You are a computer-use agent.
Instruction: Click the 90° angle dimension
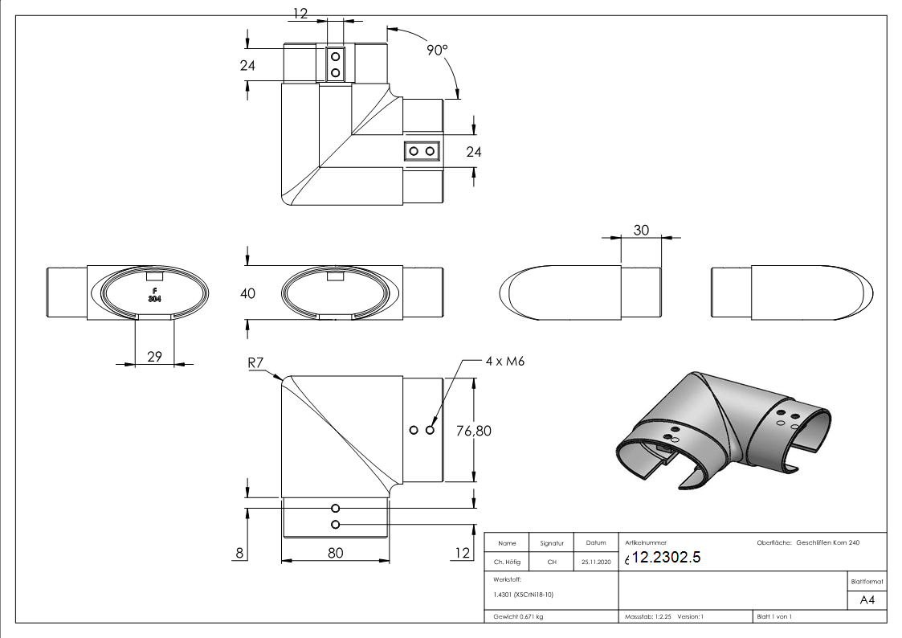pos(437,50)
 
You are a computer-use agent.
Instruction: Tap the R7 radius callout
pos(256,363)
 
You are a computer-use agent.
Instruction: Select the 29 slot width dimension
pos(155,356)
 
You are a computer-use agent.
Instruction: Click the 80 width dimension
pos(335,553)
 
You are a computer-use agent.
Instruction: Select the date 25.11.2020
pos(595,562)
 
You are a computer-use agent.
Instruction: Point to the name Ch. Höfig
pos(508,562)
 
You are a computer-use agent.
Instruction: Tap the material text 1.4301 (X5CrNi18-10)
pos(523,595)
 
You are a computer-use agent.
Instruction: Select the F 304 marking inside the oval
pos(154,294)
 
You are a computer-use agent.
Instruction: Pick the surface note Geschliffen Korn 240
pos(827,543)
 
